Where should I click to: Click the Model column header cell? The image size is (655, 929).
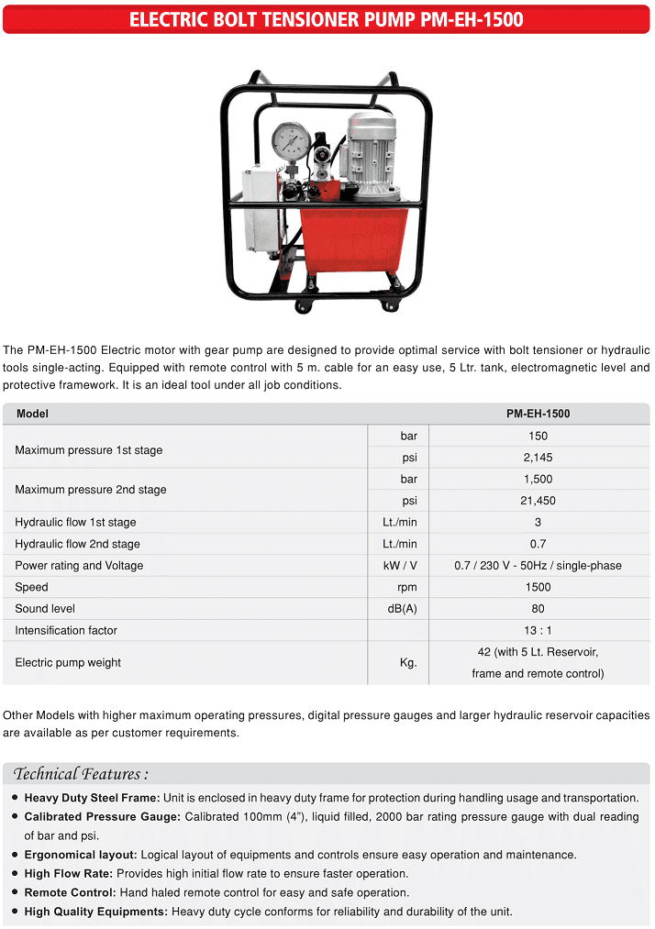(33, 414)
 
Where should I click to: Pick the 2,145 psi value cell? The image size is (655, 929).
(538, 458)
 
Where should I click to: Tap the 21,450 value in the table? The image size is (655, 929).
(538, 501)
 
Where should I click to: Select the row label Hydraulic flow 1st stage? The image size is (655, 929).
(75, 523)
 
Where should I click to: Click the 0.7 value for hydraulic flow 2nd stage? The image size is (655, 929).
(538, 544)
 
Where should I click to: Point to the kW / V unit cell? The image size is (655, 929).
(400, 566)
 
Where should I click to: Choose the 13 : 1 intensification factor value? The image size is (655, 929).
(538, 631)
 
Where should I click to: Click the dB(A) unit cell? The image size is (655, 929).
(400, 609)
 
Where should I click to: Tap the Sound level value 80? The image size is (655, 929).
(538, 609)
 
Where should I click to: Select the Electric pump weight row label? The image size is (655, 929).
(68, 663)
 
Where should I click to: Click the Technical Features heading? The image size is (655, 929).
(82, 773)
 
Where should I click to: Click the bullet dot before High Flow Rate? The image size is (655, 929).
(15, 874)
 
